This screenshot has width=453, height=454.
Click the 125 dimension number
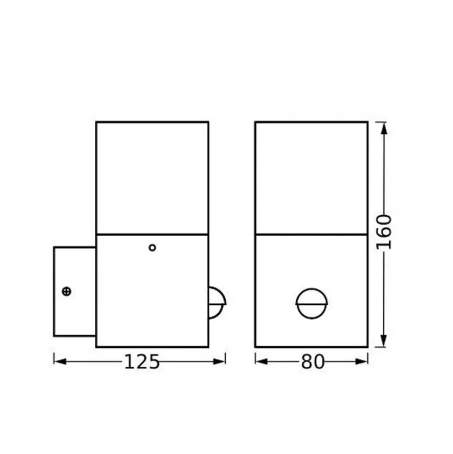click(x=142, y=361)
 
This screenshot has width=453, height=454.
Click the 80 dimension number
click(x=313, y=361)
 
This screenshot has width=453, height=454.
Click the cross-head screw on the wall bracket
click(x=66, y=291)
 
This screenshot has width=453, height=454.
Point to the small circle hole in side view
click(x=152, y=247)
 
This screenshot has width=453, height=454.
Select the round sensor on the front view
click(x=311, y=303)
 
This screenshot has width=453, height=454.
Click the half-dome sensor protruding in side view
click(x=217, y=303)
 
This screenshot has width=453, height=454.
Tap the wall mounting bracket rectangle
click(x=75, y=292)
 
